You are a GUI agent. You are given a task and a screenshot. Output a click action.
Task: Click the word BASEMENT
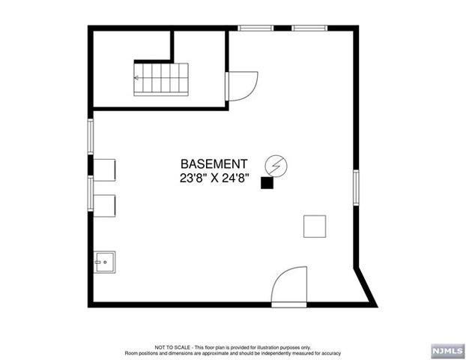tap(214, 164)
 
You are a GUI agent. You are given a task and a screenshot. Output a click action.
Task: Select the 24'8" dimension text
tap(235, 178)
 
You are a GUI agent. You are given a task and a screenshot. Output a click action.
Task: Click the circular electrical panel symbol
tap(276, 166)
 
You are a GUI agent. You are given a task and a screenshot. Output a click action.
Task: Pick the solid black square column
tap(267, 183)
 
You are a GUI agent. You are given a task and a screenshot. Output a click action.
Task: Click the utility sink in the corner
tap(104, 262)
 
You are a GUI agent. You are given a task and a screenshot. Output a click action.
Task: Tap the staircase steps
tap(161, 79)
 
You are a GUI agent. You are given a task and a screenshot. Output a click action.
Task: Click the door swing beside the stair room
tap(241, 86)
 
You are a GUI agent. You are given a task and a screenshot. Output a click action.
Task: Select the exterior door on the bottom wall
tap(289, 286)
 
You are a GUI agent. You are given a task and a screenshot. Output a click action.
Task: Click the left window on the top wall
tap(255, 28)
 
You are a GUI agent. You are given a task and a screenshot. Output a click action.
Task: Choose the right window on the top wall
tap(309, 28)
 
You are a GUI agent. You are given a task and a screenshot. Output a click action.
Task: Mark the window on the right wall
tap(356, 187)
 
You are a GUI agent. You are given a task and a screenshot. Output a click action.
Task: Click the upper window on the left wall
tap(91, 136)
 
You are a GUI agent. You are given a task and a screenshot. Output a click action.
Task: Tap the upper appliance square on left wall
tap(104, 170)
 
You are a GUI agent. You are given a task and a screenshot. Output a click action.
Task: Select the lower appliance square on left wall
tap(104, 206)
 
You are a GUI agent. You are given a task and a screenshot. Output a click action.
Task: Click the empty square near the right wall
tap(315, 226)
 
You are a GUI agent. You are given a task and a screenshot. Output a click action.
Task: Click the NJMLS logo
tap(448, 351)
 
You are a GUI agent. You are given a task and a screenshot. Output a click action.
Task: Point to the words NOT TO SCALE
tap(172, 347)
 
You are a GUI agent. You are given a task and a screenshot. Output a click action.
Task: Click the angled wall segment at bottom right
tap(366, 287)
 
